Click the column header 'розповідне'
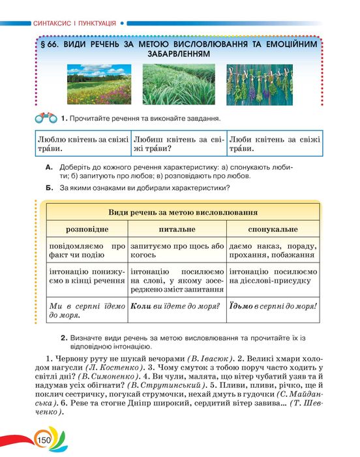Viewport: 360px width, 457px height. click(86, 230)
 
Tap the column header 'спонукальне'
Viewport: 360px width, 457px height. click(273, 230)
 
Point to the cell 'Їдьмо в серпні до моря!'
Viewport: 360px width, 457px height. click(273, 305)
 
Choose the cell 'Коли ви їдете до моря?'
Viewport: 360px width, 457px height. click(177, 305)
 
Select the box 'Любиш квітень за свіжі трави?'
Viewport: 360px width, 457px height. click(178, 144)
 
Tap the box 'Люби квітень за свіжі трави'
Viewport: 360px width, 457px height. click(275, 144)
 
